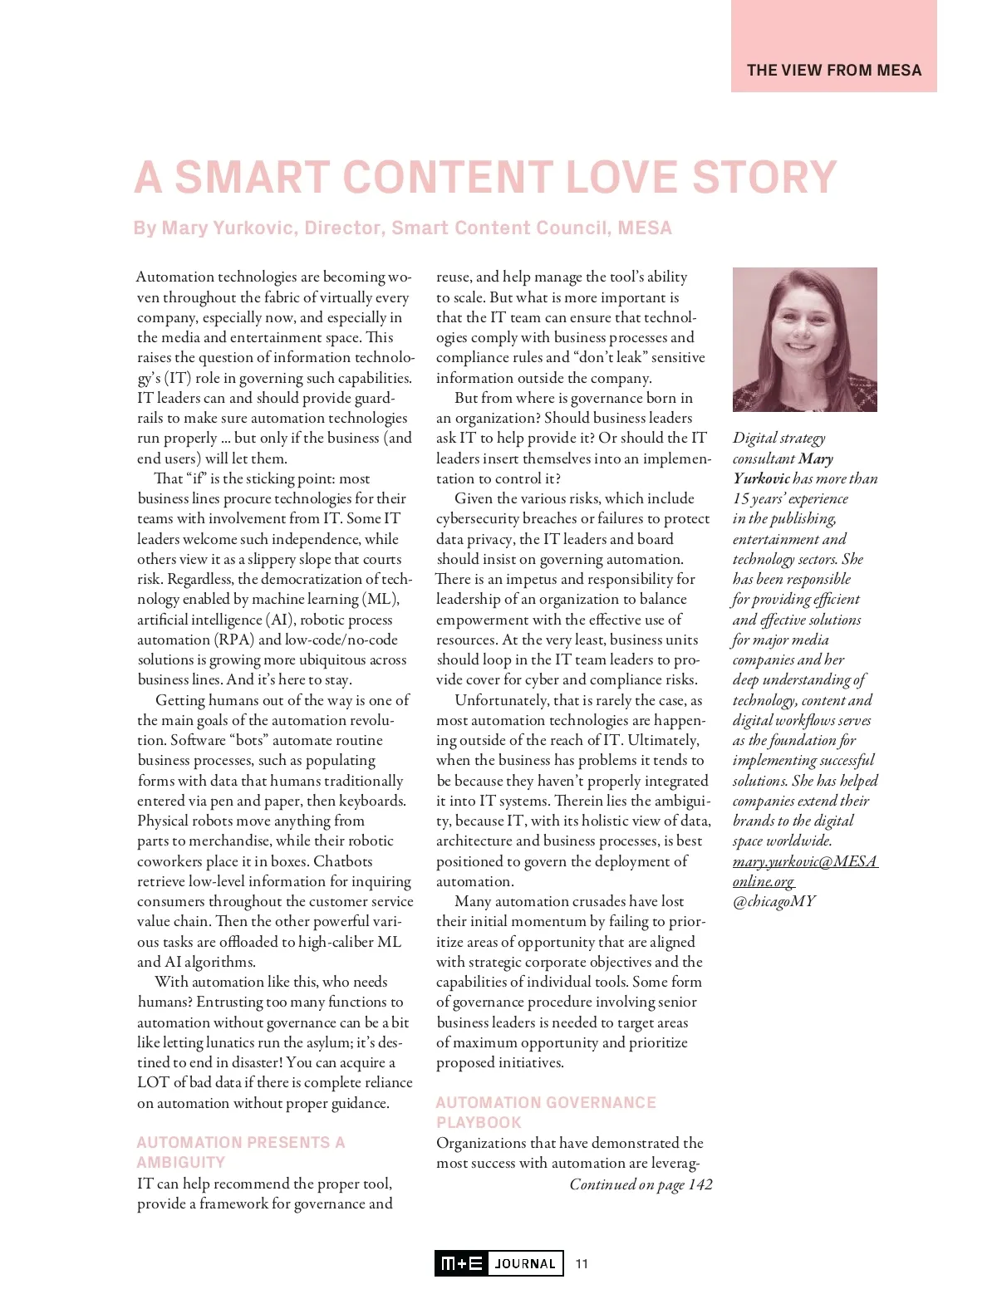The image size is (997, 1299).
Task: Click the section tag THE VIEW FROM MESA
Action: tap(833, 71)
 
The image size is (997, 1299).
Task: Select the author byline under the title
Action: tap(402, 228)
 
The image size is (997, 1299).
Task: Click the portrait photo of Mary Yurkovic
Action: tap(804, 339)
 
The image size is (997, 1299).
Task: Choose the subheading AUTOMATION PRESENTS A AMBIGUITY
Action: tap(240, 1152)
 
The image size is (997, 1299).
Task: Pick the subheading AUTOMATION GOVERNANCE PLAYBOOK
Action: tap(545, 1112)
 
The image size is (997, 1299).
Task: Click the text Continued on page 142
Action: tap(641, 1184)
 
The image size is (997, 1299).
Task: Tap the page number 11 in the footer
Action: tap(582, 1263)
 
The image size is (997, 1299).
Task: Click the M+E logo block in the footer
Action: tap(462, 1263)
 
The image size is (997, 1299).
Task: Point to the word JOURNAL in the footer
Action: tap(525, 1264)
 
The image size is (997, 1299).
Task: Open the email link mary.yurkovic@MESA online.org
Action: tap(804, 871)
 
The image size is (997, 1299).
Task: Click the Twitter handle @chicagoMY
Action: tap(774, 901)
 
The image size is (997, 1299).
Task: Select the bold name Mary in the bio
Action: tap(816, 458)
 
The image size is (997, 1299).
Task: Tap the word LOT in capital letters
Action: tap(154, 1082)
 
